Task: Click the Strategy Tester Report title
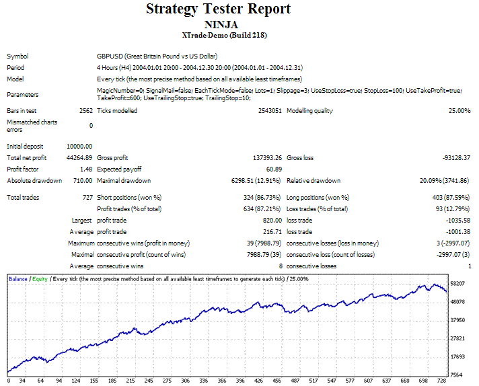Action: (x=219, y=9)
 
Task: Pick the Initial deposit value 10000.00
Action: (x=79, y=146)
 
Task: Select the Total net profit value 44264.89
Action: (x=79, y=158)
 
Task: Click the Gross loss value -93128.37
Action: (x=451, y=158)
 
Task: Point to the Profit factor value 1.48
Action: (x=85, y=169)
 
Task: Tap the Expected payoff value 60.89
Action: (x=272, y=169)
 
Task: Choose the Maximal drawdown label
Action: (x=124, y=181)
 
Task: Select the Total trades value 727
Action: (x=87, y=198)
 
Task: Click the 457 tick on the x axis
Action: (x=294, y=381)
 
